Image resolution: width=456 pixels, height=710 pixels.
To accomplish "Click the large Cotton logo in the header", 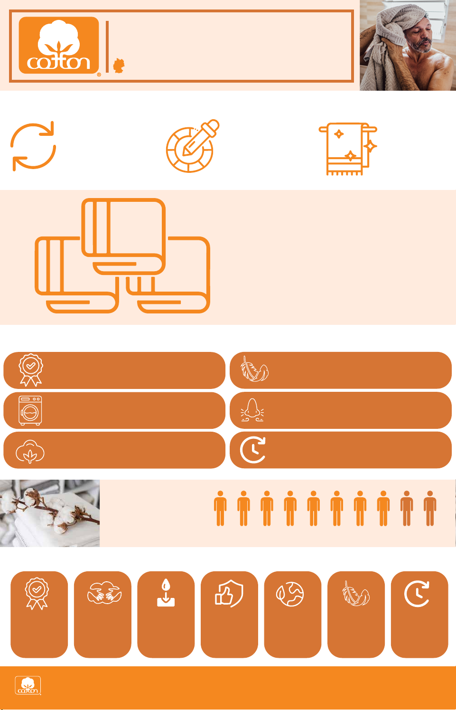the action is [59, 45].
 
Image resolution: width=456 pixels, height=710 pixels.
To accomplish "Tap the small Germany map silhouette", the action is [119, 66].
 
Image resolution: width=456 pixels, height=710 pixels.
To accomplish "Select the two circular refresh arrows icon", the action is [33, 146].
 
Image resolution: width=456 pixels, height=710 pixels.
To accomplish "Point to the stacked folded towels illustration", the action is [122, 256].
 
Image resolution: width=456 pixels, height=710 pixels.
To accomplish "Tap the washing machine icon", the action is [30, 410].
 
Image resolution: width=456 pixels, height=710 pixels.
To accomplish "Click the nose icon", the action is [252, 410].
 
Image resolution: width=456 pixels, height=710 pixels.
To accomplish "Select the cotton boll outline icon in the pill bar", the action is [30, 451].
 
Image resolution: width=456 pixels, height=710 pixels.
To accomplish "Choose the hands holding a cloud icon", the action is [104, 592].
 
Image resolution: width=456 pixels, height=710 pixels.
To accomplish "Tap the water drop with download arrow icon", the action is [166, 593].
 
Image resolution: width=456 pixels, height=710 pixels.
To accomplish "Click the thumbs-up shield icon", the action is [229, 593].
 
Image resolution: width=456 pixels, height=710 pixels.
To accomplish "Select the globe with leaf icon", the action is [290, 594].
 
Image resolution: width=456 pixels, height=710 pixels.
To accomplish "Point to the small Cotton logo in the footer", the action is [28, 685].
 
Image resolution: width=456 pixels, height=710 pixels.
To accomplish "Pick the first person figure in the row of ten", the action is [220, 509].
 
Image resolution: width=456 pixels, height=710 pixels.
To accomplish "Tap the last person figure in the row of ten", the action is [430, 509].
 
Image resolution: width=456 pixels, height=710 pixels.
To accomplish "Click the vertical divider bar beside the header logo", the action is [107, 47].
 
